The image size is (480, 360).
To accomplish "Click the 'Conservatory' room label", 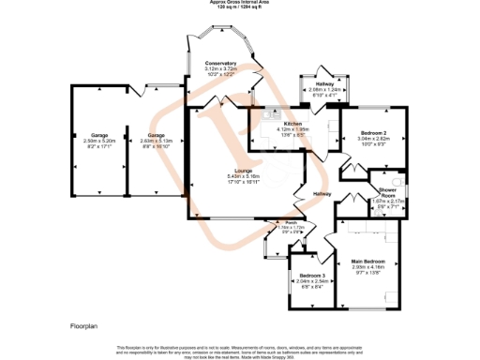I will click(220, 63).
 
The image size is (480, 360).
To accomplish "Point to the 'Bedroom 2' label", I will click(374, 133).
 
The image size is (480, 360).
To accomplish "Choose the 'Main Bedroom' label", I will click(369, 261).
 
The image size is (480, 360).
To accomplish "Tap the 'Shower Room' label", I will click(382, 190).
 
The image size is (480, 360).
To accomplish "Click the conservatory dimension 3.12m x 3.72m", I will click(220, 68).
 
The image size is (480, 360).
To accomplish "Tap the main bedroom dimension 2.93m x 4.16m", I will click(369, 266).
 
